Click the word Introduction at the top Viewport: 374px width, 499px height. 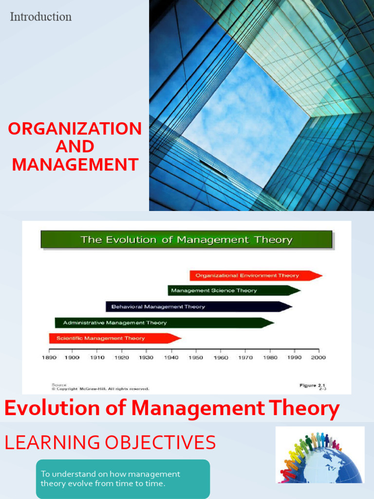click(41, 17)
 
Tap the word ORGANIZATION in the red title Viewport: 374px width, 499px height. click(75, 129)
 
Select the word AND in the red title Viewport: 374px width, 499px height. click(75, 147)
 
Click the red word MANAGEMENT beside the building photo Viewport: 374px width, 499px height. click(75, 164)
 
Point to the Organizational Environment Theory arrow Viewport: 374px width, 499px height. click(253, 275)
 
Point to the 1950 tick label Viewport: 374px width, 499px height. click(196, 358)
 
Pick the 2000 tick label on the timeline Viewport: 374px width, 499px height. click(318, 358)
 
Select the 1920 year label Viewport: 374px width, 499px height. click(122, 358)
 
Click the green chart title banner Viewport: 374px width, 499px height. click(187, 240)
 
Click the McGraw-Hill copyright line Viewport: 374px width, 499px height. click(100, 389)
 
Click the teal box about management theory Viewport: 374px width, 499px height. click(123, 479)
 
